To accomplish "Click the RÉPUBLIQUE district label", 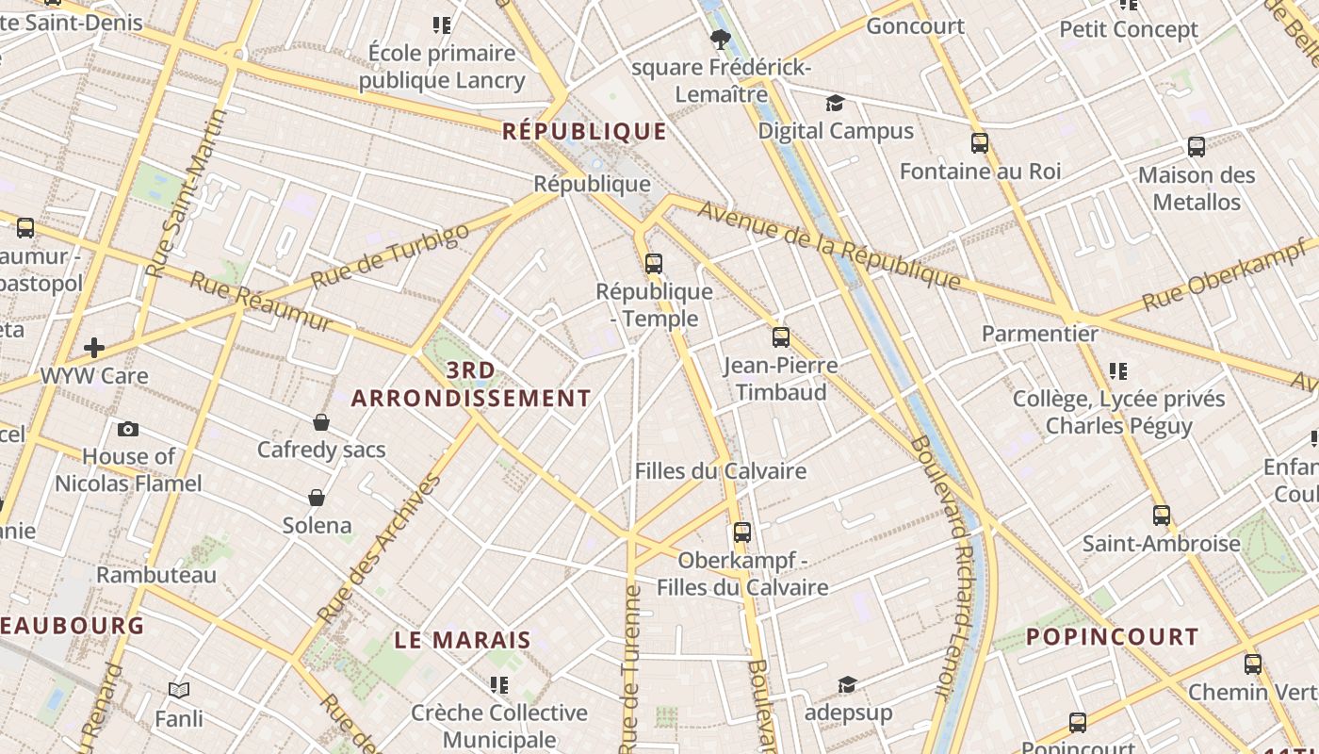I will pyautogui.click(x=584, y=130).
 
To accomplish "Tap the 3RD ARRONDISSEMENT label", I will pyautogui.click(x=471, y=385).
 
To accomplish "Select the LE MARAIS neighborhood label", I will pyautogui.click(x=463, y=640).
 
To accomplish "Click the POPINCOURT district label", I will pyautogui.click(x=1112, y=636).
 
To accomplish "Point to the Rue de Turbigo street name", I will pyautogui.click(x=389, y=256).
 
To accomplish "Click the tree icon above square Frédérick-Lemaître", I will pyautogui.click(x=721, y=39).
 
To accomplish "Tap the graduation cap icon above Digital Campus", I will pyautogui.click(x=835, y=103).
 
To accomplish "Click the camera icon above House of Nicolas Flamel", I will pyautogui.click(x=128, y=429).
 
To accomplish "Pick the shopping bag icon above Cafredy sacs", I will pyautogui.click(x=321, y=422).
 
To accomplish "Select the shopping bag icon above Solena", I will pyautogui.click(x=317, y=497).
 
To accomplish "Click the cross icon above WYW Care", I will pyautogui.click(x=94, y=348).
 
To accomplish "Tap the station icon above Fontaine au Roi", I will pyautogui.click(x=980, y=143).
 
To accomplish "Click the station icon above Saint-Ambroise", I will pyautogui.click(x=1162, y=516).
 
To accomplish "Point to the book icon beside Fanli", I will pyautogui.click(x=179, y=691).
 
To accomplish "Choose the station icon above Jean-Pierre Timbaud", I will pyautogui.click(x=781, y=336).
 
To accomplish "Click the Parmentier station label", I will pyautogui.click(x=1040, y=334).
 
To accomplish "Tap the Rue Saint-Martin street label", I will pyautogui.click(x=188, y=193).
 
